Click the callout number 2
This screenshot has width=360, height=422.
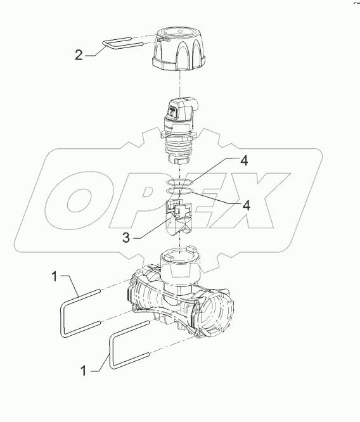coord(79,55)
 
